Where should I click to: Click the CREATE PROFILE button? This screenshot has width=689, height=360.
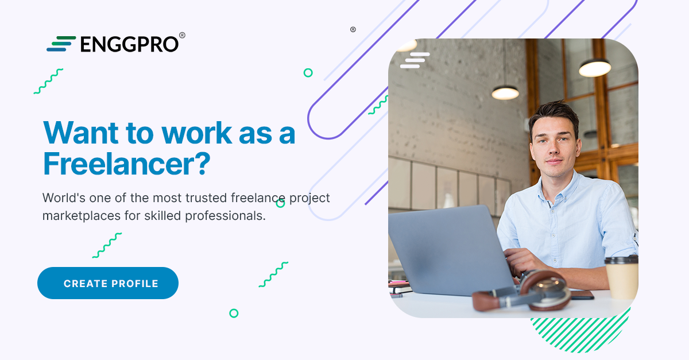point(108,283)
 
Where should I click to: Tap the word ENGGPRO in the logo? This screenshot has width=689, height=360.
point(130,44)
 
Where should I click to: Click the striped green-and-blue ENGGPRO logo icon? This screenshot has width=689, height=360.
point(61,44)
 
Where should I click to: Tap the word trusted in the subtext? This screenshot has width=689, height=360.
point(205,198)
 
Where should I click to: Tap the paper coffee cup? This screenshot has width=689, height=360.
point(621,278)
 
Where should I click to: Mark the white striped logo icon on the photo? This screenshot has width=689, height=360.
point(415,60)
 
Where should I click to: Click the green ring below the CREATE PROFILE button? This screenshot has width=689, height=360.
point(234,313)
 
